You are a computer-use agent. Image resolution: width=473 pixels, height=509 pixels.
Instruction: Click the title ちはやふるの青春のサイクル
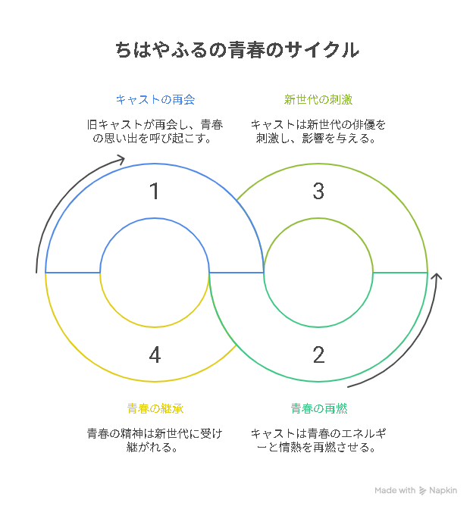(x=237, y=50)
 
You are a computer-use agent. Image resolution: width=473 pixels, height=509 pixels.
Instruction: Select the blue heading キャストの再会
(x=155, y=100)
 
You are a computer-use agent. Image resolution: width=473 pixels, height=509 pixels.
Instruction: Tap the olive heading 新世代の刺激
(x=318, y=100)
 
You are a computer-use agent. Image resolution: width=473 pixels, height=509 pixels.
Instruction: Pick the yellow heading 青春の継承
(x=155, y=408)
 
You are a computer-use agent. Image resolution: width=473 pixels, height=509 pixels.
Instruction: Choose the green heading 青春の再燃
(x=318, y=408)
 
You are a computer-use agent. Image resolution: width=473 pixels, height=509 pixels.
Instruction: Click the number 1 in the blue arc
(x=155, y=191)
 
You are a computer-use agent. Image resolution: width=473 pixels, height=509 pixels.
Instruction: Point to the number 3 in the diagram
(x=318, y=191)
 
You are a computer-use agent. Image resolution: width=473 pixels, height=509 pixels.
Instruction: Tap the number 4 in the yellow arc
(x=155, y=354)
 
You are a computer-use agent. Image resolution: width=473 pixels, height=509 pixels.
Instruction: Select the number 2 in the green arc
(x=318, y=354)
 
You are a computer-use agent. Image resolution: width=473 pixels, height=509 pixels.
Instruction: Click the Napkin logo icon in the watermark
(x=422, y=491)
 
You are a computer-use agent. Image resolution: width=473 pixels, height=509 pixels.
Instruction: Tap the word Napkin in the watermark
(x=443, y=491)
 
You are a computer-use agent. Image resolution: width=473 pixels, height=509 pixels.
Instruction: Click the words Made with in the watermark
(x=395, y=490)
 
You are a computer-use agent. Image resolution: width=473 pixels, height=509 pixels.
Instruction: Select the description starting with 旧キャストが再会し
(x=155, y=132)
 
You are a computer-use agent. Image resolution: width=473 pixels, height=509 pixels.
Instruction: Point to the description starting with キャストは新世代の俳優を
(x=318, y=132)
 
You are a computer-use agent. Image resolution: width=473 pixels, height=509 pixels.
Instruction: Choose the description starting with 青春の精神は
(x=155, y=441)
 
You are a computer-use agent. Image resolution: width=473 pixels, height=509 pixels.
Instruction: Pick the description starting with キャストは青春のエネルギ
(x=318, y=441)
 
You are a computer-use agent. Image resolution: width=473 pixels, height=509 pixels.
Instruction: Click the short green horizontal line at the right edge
(x=400, y=273)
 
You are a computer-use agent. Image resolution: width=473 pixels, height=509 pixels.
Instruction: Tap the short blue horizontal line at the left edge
(x=73, y=273)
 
